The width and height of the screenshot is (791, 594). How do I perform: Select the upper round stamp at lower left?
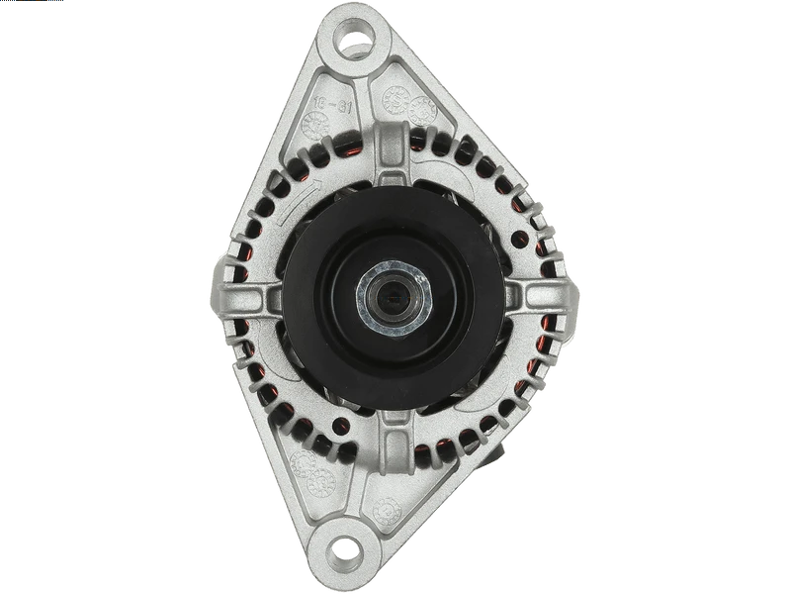point(307,461)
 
